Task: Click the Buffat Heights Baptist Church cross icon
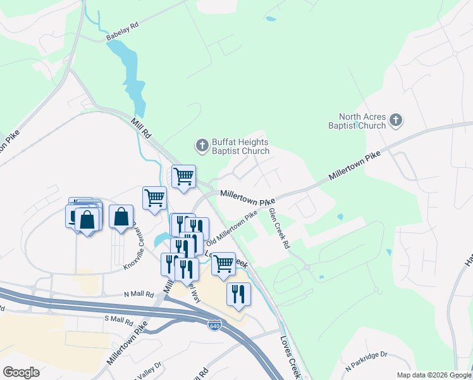[202, 146]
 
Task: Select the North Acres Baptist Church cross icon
[396, 120]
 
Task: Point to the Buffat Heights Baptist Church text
[240, 146]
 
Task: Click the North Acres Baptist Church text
[362, 121]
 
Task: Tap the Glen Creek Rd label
[278, 228]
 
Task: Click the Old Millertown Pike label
[231, 229]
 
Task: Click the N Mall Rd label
[139, 294]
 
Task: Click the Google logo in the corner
[21, 372]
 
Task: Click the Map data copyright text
[433, 375]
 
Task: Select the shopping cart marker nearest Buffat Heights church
[184, 177]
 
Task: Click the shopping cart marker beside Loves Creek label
[224, 263]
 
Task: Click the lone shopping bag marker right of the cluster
[121, 217]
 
